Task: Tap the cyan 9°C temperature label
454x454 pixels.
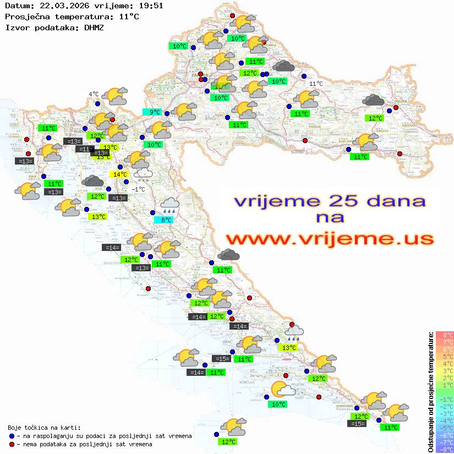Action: (152, 112)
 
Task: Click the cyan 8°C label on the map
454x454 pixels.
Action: (167, 220)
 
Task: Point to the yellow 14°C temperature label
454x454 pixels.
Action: (121, 174)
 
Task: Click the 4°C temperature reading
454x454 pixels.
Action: (94, 94)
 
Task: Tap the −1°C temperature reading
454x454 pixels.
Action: (138, 189)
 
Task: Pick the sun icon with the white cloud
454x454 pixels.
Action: (283, 389)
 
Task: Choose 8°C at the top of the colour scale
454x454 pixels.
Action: (445, 335)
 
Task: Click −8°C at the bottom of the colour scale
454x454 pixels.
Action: (444, 450)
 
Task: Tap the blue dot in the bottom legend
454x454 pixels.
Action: (12, 436)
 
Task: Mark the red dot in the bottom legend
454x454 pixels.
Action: (12, 444)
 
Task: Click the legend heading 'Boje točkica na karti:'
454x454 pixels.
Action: (44, 428)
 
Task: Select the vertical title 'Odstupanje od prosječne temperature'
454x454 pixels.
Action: (430, 391)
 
